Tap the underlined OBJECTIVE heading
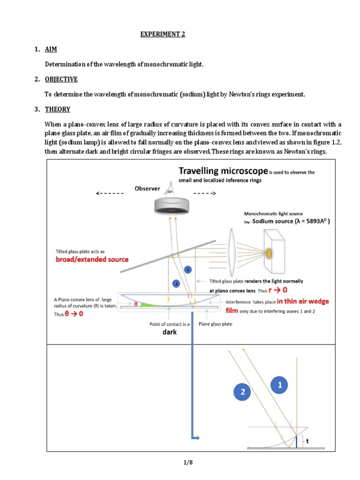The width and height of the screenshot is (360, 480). (x=61, y=79)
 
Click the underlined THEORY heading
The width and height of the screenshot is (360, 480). (x=58, y=109)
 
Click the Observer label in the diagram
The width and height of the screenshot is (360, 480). (x=147, y=188)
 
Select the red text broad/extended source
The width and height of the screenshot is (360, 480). (x=92, y=259)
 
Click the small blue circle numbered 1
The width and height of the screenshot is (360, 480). (x=187, y=270)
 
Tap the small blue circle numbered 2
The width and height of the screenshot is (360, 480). (x=176, y=284)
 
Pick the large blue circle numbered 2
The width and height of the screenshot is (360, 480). (x=243, y=393)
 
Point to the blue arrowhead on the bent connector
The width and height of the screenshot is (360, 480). (x=196, y=438)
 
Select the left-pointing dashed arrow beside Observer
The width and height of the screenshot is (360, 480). (x=109, y=193)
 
